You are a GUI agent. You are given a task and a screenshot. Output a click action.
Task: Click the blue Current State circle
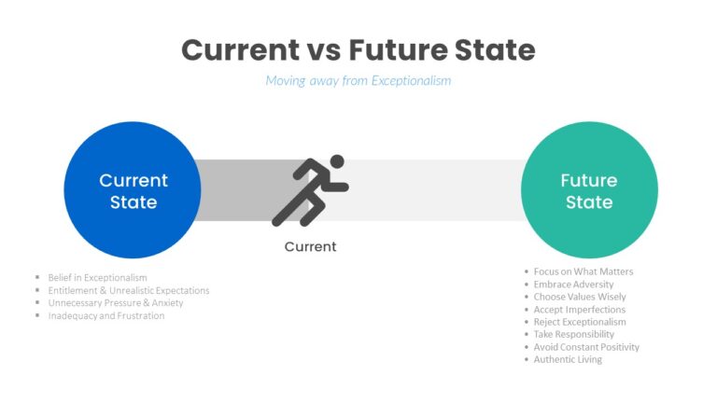[133, 190]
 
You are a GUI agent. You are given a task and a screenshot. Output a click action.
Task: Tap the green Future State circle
[589, 190]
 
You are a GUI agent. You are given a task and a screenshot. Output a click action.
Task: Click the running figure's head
[337, 161]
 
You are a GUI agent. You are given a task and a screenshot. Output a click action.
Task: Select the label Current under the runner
[310, 246]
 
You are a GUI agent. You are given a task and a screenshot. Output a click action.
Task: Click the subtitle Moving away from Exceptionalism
[358, 81]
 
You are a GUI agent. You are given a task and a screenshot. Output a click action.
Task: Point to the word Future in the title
[398, 49]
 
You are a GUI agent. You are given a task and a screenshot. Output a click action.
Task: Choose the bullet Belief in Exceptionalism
[97, 277]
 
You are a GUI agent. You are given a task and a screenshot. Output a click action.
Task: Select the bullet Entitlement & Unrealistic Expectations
[129, 290]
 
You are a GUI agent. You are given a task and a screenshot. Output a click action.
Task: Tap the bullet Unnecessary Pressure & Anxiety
[116, 303]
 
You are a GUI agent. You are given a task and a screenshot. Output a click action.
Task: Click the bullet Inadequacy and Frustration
[106, 315]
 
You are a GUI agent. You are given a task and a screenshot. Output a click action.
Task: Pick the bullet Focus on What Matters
[583, 271]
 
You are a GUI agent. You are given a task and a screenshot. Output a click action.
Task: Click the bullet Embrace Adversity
[573, 285]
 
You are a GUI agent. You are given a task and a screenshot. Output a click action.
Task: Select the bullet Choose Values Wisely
[580, 297]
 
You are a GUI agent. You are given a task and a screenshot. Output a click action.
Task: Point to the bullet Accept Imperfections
[580, 310]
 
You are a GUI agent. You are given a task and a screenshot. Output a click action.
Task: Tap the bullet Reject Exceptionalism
[580, 322]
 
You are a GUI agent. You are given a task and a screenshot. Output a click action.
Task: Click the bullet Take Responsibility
[574, 334]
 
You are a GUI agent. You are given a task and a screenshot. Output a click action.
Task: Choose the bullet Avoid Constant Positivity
[586, 347]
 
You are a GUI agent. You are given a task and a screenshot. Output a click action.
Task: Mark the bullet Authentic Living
[568, 359]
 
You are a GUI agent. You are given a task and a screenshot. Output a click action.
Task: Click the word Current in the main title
[241, 49]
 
